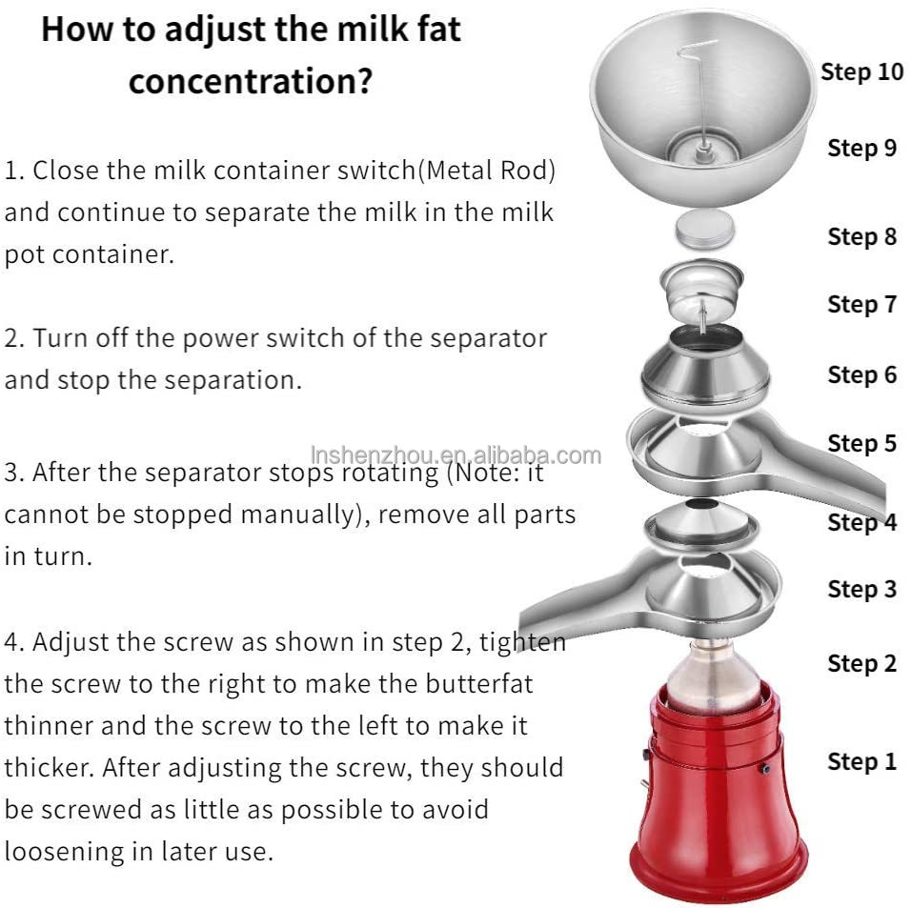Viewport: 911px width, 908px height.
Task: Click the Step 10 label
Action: pos(861,72)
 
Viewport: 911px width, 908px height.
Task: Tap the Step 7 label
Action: pos(861,304)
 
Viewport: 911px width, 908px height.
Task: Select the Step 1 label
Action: pos(861,761)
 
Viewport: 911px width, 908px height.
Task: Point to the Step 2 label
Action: pos(861,663)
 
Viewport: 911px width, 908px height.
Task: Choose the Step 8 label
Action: pos(861,236)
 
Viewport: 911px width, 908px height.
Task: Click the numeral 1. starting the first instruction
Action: pos(14,172)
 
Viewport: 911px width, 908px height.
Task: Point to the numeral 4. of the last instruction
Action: pos(14,641)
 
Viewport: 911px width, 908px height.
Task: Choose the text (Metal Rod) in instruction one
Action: pos(489,172)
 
